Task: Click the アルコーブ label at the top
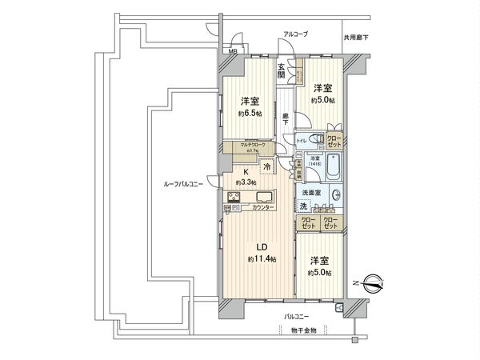pos(295,34)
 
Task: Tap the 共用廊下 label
pos(356,37)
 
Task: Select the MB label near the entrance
pos(233,52)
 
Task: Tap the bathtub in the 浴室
pos(336,169)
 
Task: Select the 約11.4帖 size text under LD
pos(262,259)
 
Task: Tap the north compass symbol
pos(372,282)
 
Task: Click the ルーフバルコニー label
pos(182,185)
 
